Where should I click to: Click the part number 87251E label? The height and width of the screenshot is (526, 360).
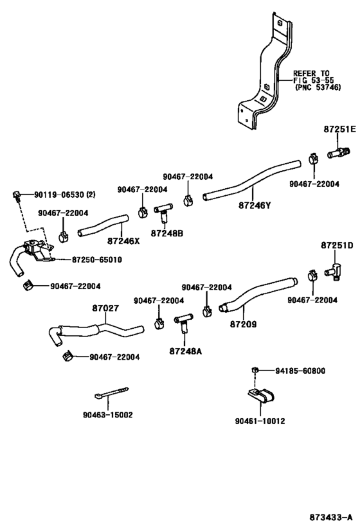coord(339,129)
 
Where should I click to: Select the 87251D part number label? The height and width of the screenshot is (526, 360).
coord(337,245)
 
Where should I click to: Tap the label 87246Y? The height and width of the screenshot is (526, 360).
coord(255,206)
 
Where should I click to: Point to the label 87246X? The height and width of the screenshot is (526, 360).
coord(123,241)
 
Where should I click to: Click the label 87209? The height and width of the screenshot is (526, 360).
coord(243,324)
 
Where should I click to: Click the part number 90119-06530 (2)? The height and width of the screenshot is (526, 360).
coord(64,195)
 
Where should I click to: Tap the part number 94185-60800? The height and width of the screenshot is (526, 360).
coord(301,371)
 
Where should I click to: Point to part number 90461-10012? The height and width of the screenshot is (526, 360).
coord(260,421)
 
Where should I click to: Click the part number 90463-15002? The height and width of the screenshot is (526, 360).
coord(107,415)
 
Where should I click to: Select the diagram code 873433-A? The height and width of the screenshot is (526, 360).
coord(330,516)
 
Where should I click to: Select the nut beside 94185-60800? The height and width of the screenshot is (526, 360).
coord(255,371)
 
